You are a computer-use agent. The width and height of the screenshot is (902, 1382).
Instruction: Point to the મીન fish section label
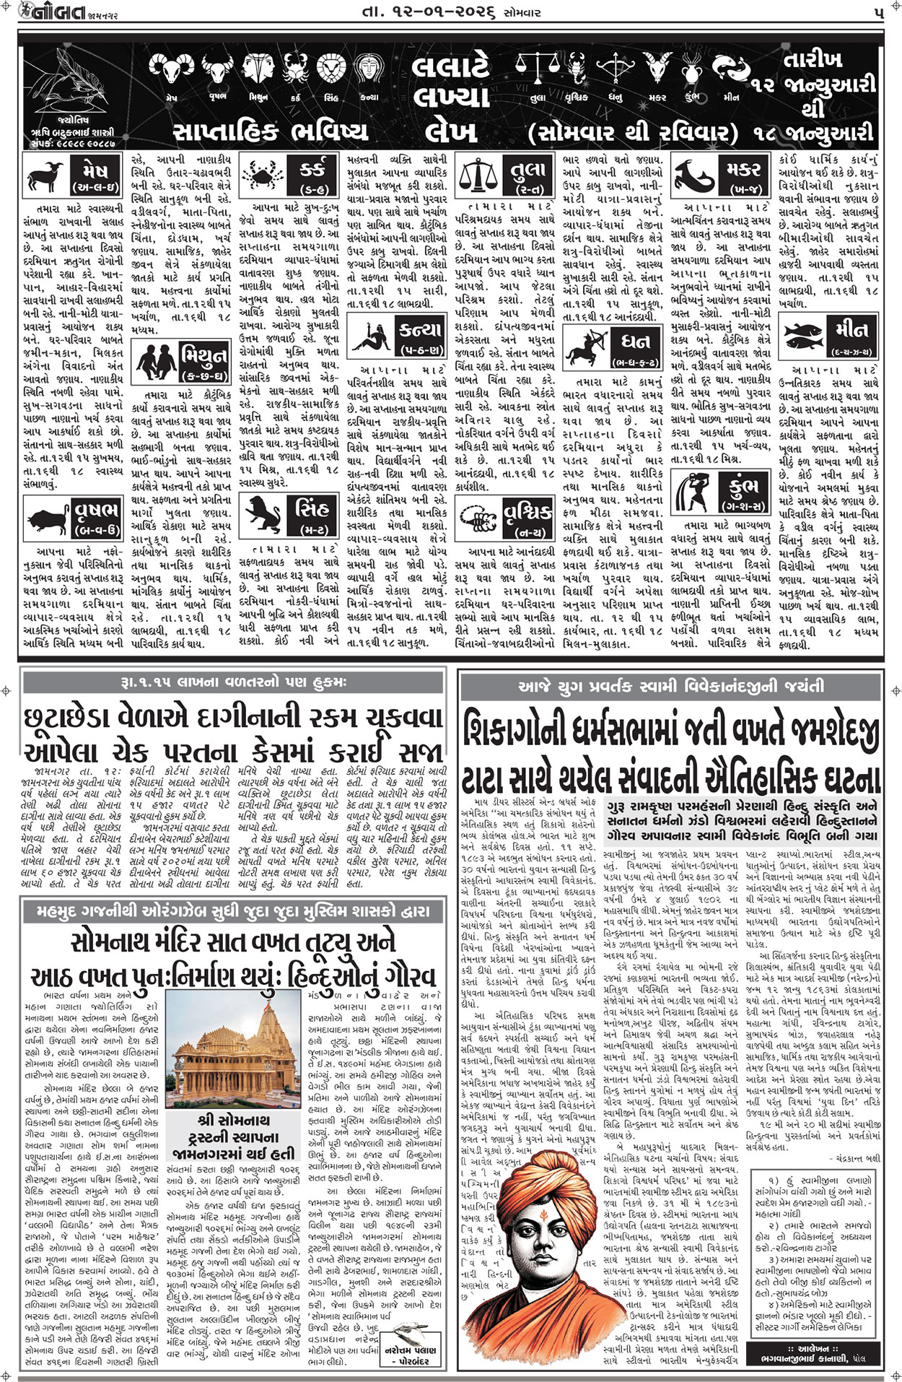(851, 333)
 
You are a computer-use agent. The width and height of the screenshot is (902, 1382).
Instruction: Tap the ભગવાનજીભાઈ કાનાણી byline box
(818, 1354)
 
